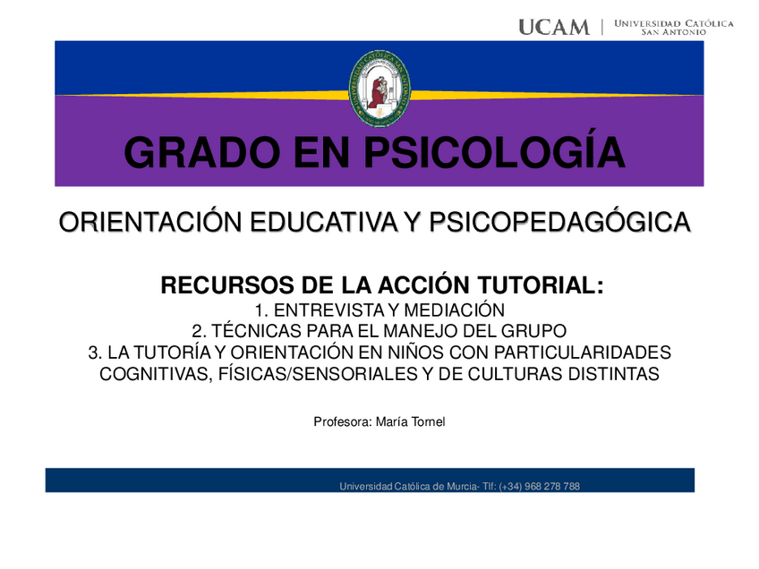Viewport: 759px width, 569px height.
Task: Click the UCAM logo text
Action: tap(554, 27)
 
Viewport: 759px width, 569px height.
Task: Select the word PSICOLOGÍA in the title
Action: tap(496, 152)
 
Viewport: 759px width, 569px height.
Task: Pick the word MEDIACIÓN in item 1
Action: tap(448, 310)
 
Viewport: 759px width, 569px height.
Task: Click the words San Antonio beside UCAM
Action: tap(673, 31)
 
